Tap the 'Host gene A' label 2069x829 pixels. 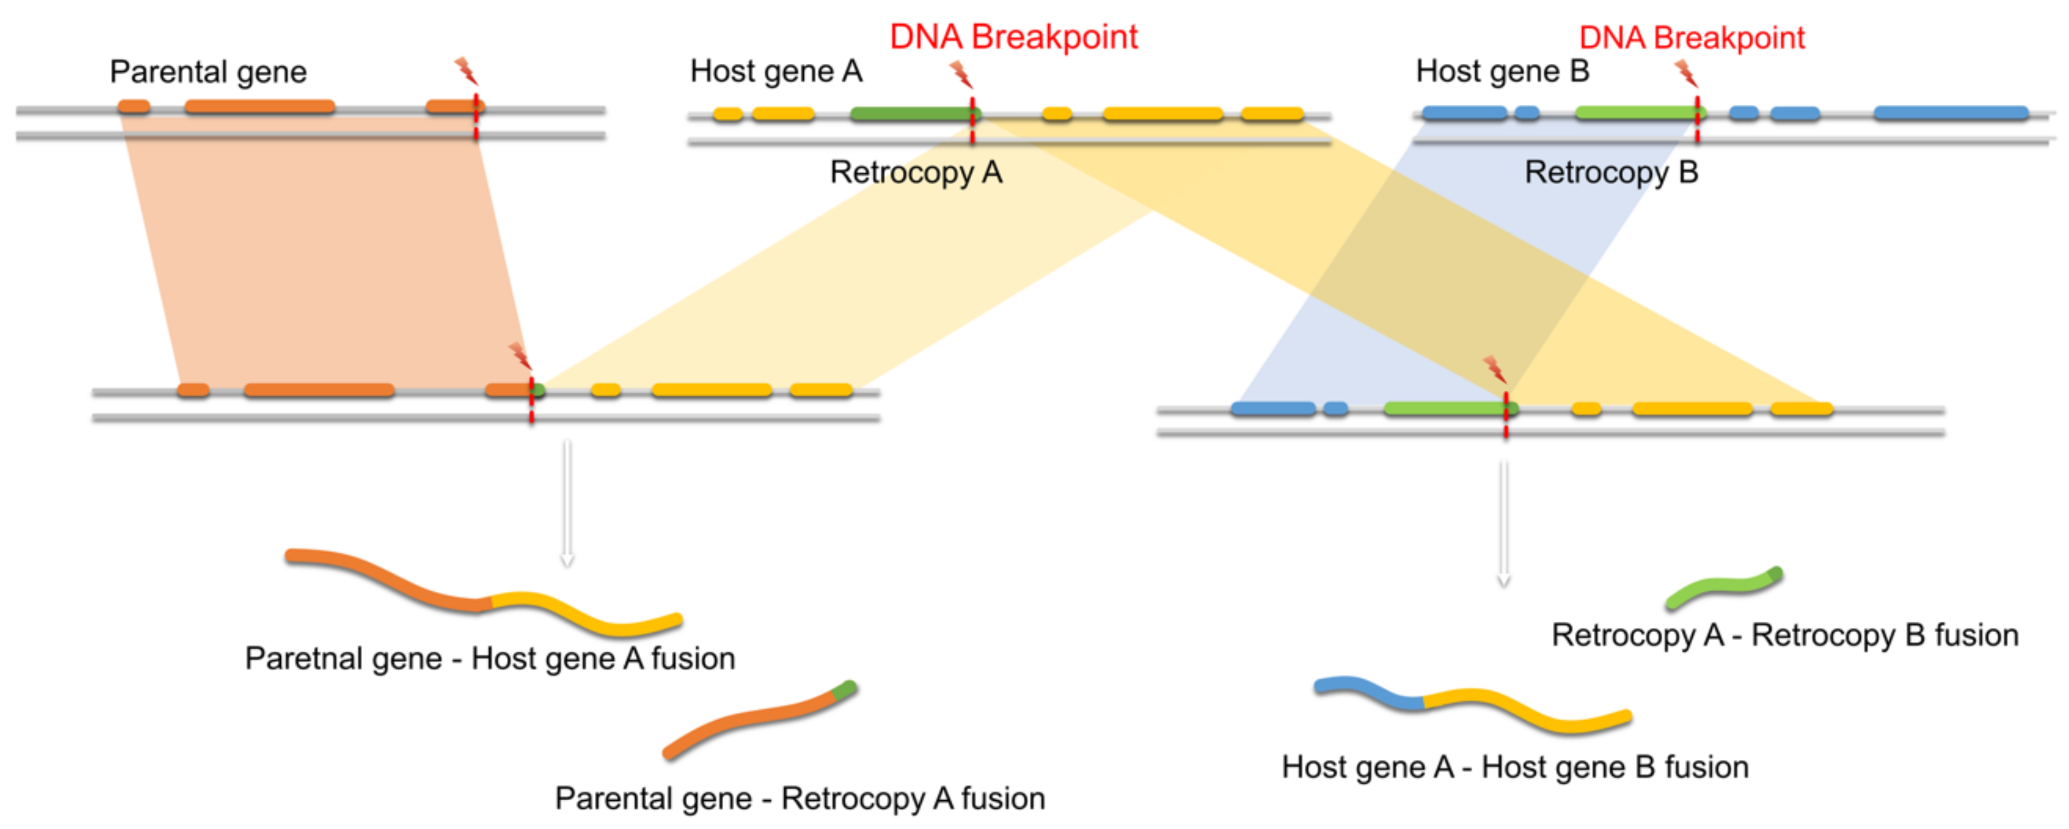[x=776, y=71]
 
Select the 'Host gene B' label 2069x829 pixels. [x=1502, y=71]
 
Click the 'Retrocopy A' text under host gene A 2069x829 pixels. [x=915, y=173]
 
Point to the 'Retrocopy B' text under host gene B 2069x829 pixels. [x=1611, y=173]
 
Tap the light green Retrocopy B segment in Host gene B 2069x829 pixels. [x=1635, y=112]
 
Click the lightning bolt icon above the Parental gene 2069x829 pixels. [x=466, y=71]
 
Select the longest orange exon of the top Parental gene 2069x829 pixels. [x=259, y=106]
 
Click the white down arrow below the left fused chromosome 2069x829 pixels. [x=567, y=503]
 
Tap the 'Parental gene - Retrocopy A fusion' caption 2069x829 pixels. [x=800, y=798]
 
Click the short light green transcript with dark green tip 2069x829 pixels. [x=1724, y=590]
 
